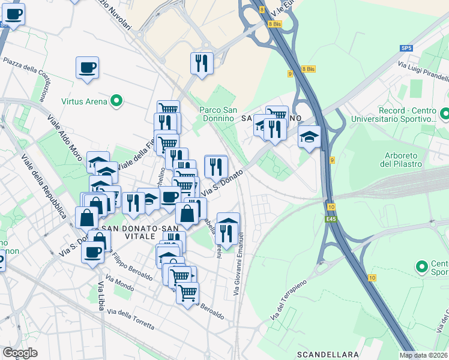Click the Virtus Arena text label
pos(83,101)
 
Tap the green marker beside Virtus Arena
pos(117,101)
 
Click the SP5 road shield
pos(407,47)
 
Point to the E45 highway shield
pos(331,219)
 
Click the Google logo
pos(20,353)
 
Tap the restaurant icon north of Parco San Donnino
pos(201,62)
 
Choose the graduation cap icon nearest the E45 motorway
pos(309,137)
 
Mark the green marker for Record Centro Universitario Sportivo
pos(445,113)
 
